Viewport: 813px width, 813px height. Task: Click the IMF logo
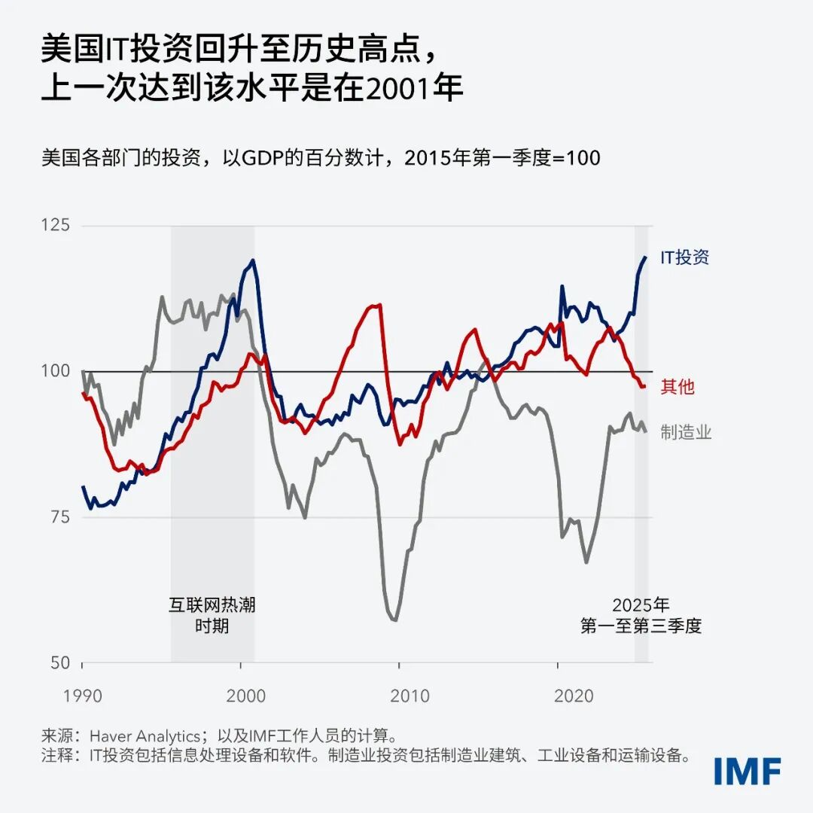click(x=747, y=771)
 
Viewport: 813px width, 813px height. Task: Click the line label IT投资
click(x=684, y=257)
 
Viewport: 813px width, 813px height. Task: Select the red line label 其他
click(x=677, y=387)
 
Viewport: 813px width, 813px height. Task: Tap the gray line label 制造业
click(x=685, y=432)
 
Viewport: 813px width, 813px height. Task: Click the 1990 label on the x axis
click(x=82, y=695)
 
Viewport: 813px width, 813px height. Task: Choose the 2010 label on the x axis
click(x=410, y=695)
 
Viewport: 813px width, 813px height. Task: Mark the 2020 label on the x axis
click(x=574, y=695)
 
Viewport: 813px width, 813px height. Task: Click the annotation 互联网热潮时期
click(x=212, y=615)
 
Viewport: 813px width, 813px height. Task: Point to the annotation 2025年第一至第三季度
click(x=641, y=615)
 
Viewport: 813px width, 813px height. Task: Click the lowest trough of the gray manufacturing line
click(x=394, y=620)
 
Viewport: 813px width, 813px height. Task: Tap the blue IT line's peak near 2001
click(x=252, y=260)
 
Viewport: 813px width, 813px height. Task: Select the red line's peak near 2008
click(x=379, y=305)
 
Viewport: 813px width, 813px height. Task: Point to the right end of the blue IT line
click(x=645, y=257)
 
